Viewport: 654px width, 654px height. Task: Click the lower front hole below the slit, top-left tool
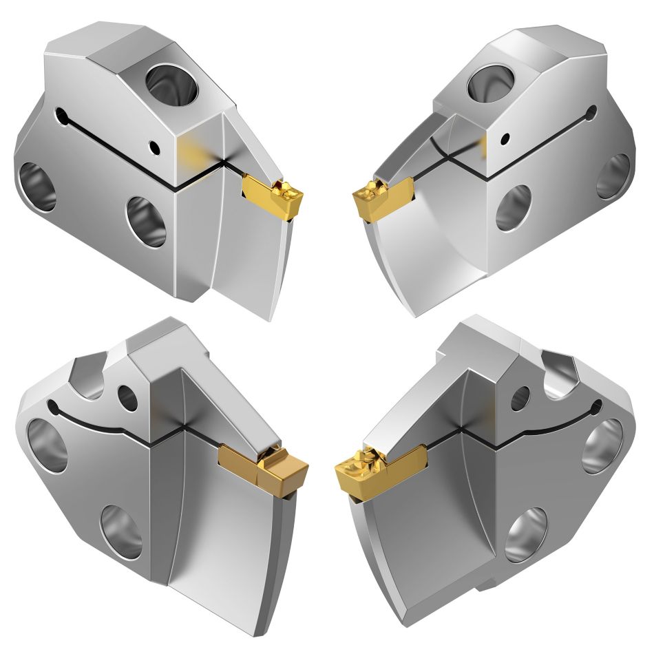click(147, 222)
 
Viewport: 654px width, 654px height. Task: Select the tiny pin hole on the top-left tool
click(156, 147)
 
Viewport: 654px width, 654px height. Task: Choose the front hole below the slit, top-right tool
click(513, 207)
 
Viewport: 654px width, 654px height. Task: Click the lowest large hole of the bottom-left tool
click(121, 531)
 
